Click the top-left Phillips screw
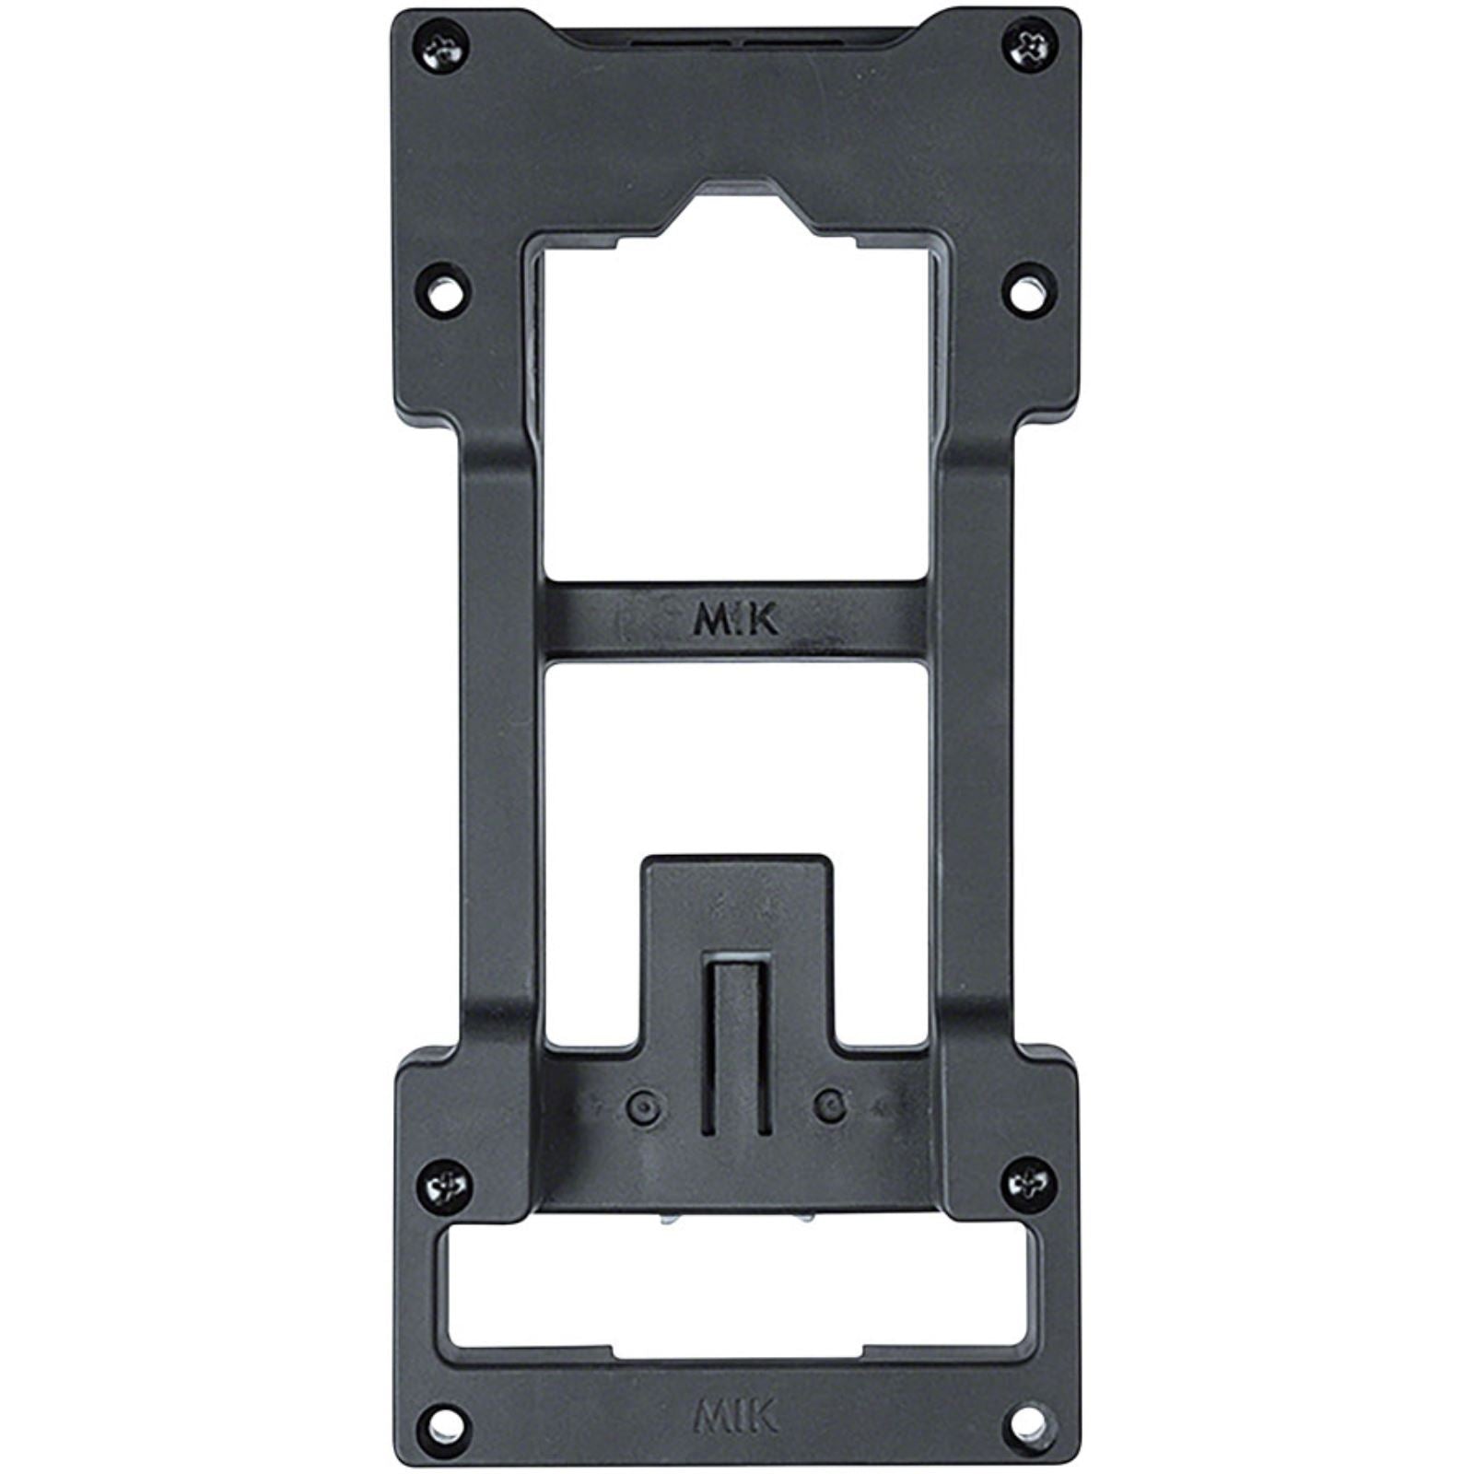(x=446, y=49)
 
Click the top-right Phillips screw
(x=1029, y=45)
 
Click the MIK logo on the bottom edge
(x=734, y=1416)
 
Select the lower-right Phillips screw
(x=1030, y=1185)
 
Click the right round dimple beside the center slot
(x=831, y=1106)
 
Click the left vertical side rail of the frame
(x=497, y=737)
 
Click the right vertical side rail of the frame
(x=977, y=737)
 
